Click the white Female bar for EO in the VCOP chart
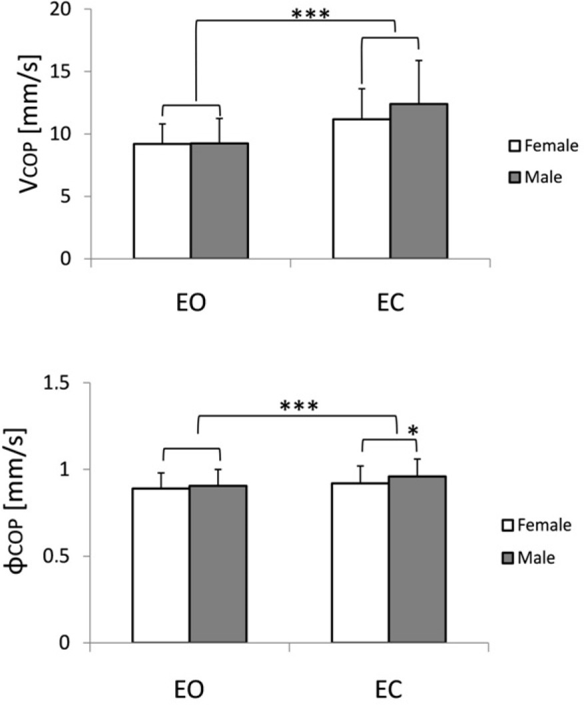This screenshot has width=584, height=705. (162, 201)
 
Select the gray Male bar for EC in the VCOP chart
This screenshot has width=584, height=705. (418, 181)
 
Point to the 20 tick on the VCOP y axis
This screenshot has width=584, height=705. (64, 10)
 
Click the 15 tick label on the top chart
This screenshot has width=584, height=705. (64, 72)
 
